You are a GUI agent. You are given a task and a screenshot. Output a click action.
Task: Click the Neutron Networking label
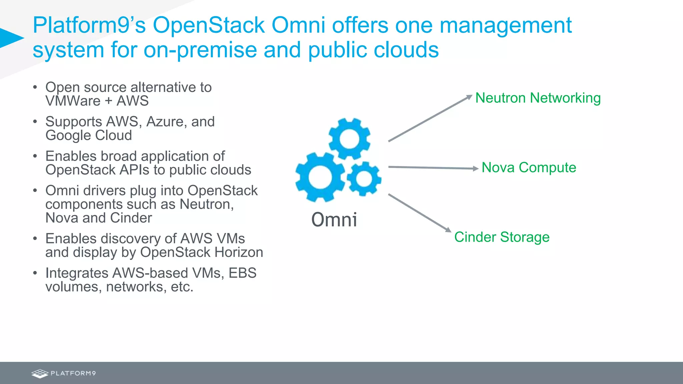coord(538,98)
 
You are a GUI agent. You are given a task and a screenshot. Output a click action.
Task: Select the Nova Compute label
coord(529,167)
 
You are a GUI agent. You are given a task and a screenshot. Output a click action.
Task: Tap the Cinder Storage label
coord(502,237)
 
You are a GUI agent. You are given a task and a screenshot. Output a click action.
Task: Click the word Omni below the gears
coord(334,220)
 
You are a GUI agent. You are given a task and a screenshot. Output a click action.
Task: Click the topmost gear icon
coord(349,139)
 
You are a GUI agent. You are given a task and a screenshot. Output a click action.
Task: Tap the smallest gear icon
coord(364,179)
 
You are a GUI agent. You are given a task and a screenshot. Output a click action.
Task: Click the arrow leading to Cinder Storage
coord(420,213)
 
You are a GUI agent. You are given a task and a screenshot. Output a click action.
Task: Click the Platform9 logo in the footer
coord(63,373)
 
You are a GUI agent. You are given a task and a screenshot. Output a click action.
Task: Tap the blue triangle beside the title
coord(10,38)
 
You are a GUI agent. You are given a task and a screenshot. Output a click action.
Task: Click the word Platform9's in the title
coord(89,25)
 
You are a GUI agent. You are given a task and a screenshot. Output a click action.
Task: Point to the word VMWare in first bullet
coord(73,101)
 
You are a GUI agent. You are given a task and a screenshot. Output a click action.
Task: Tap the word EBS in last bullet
coord(242,273)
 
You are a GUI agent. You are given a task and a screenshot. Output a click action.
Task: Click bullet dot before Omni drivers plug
coord(35,191)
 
